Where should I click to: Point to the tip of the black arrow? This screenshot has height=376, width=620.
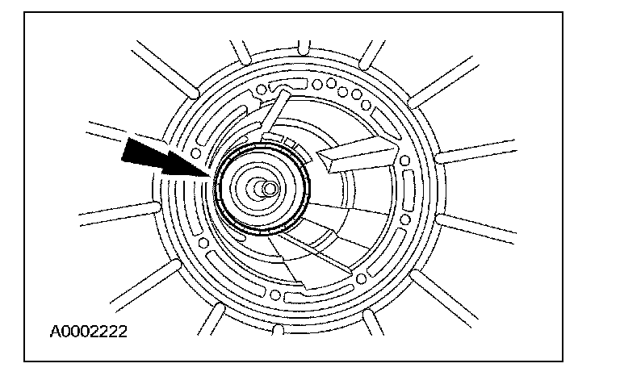pos(212,178)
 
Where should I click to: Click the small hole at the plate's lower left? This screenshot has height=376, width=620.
pos(203,242)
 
